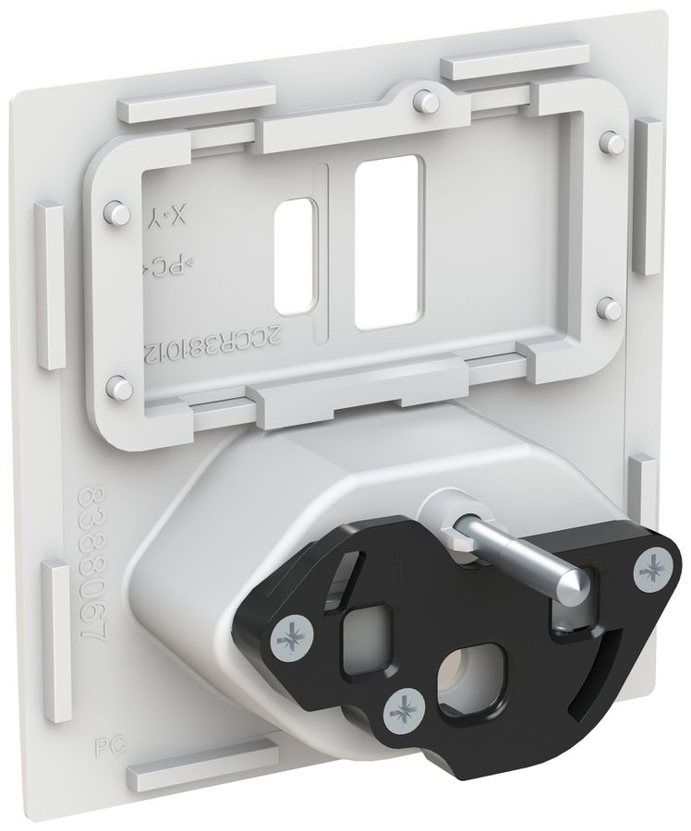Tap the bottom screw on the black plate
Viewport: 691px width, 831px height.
pyautogui.click(x=402, y=709)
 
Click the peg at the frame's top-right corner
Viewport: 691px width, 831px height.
pyautogui.click(x=608, y=140)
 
